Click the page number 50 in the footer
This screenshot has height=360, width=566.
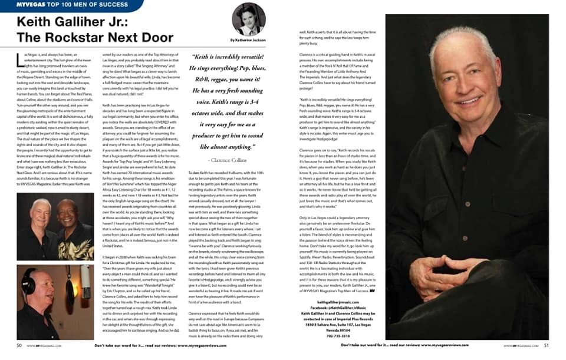pos(19,345)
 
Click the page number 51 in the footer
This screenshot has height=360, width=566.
pos(546,345)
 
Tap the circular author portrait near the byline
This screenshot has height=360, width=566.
pos(248,19)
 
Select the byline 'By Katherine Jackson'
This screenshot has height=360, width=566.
pos(248,39)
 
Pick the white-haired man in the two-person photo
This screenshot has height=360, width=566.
pos(40,212)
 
